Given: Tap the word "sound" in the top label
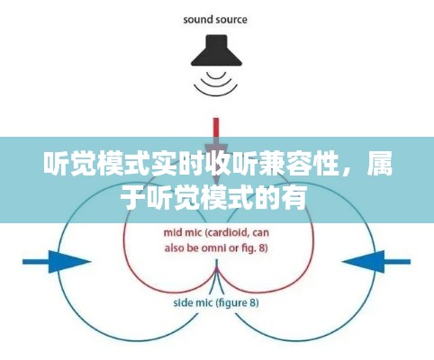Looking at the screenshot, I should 199,19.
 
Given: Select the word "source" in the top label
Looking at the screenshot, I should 232,19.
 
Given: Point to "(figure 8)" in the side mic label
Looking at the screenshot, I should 235,303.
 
